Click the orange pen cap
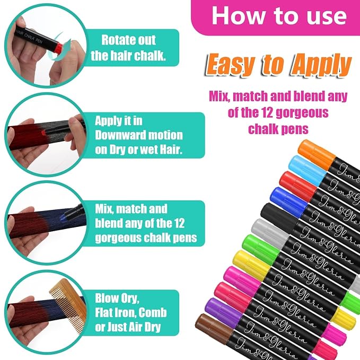pos(317,154)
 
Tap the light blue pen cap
pos(307,170)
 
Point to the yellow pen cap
pos(252,266)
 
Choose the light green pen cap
pos(261,250)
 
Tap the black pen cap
pos(279,218)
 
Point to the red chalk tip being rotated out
pos(59,47)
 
